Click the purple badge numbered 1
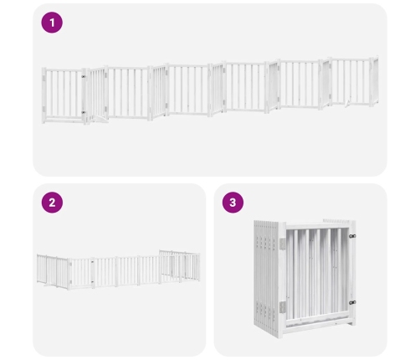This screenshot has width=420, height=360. pyautogui.click(x=52, y=23)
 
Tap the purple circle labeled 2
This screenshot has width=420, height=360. pyautogui.click(x=52, y=203)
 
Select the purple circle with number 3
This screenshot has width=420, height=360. pyautogui.click(x=233, y=203)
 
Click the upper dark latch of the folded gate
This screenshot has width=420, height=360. pyautogui.click(x=352, y=236)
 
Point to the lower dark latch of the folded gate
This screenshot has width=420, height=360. pyautogui.click(x=352, y=302)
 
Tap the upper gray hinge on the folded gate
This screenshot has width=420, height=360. pyautogui.click(x=283, y=244)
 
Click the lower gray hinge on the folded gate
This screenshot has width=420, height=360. pyautogui.click(x=283, y=307)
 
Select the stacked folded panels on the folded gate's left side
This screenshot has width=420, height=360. pyautogui.click(x=266, y=278)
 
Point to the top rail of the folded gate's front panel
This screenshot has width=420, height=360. pyautogui.click(x=317, y=226)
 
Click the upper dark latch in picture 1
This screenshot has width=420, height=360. pyautogui.click(x=84, y=76)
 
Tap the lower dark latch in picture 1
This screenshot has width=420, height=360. pyautogui.click(x=84, y=112)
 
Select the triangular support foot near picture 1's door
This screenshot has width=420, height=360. pyautogui.click(x=100, y=120)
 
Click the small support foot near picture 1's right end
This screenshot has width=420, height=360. pyautogui.click(x=347, y=104)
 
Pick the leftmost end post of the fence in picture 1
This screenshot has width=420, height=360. pyautogui.click(x=44, y=95)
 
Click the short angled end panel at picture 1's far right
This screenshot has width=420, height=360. pyautogui.click(x=375, y=81)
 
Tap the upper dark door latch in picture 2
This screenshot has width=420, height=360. pyautogui.click(x=92, y=262)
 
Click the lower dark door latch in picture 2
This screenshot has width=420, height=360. pyautogui.click(x=92, y=281)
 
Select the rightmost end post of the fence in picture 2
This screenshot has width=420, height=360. pyautogui.click(x=199, y=267)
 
